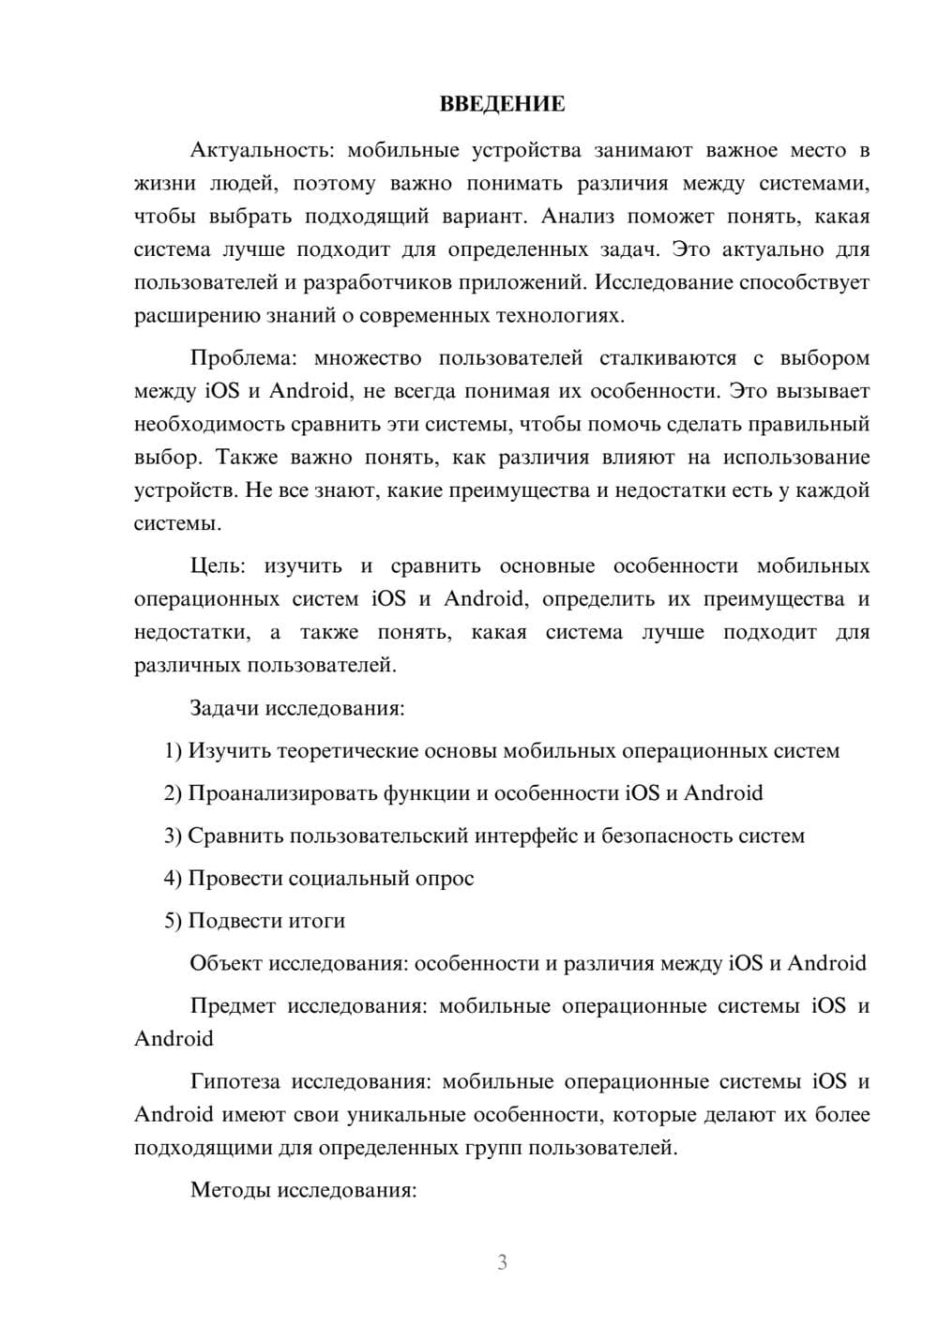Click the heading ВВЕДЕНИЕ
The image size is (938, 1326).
(x=502, y=104)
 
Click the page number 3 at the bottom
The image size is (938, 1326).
(x=502, y=1262)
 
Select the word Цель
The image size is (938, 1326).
(x=217, y=566)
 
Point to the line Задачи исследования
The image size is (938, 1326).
(x=296, y=708)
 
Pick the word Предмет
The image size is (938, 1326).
(x=233, y=1006)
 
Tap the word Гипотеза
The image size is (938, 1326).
(x=234, y=1082)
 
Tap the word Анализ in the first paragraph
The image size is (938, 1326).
(x=578, y=217)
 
